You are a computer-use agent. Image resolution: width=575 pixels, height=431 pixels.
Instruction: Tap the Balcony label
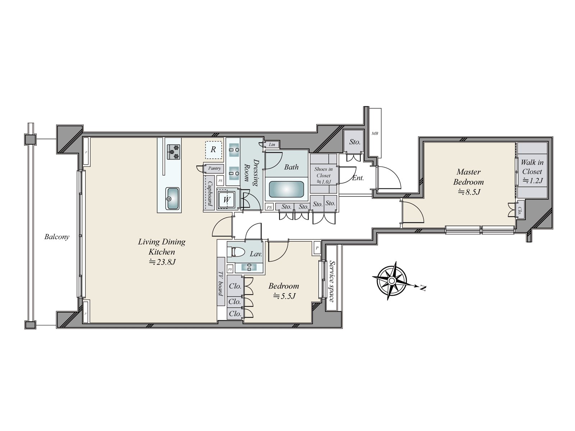(57, 237)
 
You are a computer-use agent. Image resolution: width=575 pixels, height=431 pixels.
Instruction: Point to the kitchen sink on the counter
(172, 198)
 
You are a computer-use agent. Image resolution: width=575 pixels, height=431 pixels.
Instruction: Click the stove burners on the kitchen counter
(174, 152)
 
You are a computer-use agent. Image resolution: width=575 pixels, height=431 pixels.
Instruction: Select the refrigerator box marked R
(213, 149)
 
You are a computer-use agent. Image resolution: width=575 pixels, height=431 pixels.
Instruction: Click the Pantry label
(214, 168)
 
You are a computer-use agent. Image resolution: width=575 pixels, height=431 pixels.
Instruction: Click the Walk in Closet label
(532, 167)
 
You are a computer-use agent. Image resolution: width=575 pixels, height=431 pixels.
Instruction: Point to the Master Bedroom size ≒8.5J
(468, 192)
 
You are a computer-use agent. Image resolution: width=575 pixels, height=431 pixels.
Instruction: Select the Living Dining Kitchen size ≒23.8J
(162, 262)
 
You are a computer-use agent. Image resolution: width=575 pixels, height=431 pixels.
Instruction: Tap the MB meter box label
(374, 134)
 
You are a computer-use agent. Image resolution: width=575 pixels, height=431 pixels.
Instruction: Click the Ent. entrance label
(358, 178)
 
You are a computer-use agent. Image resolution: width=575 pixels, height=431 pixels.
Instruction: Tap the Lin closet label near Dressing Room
(272, 145)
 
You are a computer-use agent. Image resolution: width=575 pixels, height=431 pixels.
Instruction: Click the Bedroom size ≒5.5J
(284, 296)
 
